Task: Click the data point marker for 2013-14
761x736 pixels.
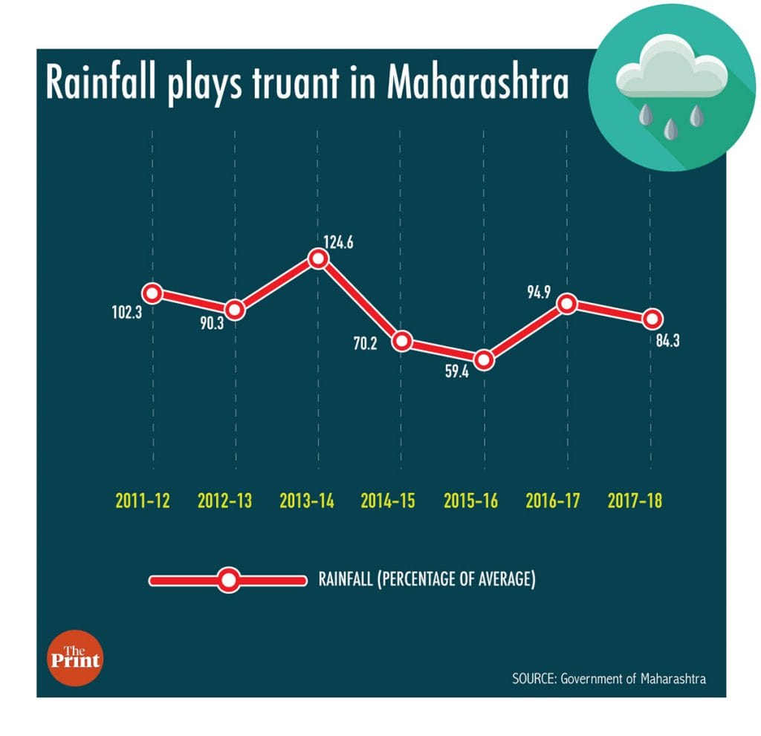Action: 318,259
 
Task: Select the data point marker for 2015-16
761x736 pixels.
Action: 484,360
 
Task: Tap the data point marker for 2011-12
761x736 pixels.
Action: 152,293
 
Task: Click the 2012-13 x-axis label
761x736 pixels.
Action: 225,501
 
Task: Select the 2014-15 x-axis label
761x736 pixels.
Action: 389,501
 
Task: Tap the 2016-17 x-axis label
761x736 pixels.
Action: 552,501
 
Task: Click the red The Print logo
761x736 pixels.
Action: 74,658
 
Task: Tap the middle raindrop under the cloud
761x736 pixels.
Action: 672,127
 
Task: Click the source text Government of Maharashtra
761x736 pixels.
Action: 632,679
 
